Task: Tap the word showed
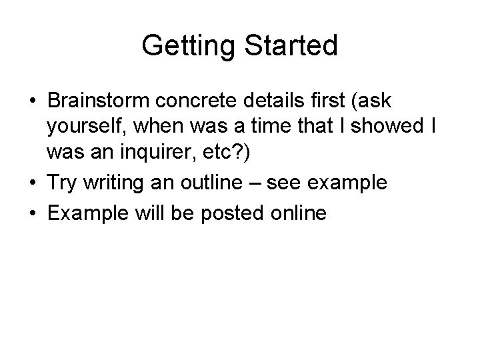385,129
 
